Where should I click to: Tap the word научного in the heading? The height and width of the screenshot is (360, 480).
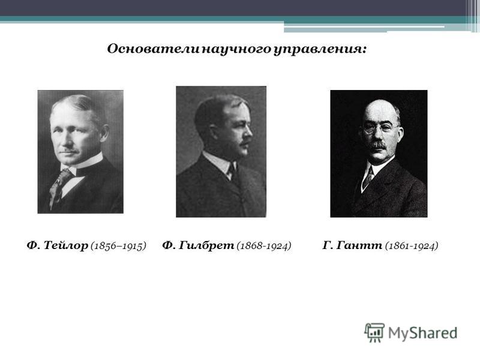pos(237,50)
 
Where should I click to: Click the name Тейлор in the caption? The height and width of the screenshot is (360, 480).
pos(66,245)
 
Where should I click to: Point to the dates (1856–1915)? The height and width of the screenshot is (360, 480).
pos(118,246)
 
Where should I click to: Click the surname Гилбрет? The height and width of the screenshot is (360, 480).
pos(206,245)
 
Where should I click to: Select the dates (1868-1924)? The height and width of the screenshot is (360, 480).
pos(264,246)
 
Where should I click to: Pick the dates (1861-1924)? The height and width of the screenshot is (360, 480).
pos(412,246)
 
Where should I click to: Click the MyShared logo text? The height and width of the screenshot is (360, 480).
pos(423,333)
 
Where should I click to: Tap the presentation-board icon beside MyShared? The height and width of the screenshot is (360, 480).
pos(374,332)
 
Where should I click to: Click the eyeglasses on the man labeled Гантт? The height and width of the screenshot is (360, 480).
pos(380,128)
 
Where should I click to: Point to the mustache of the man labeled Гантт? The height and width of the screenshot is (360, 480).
pos(379,145)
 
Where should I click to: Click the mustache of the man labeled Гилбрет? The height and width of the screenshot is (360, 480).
pos(244,143)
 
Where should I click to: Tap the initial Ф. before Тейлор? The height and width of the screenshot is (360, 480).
pos(34,245)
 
